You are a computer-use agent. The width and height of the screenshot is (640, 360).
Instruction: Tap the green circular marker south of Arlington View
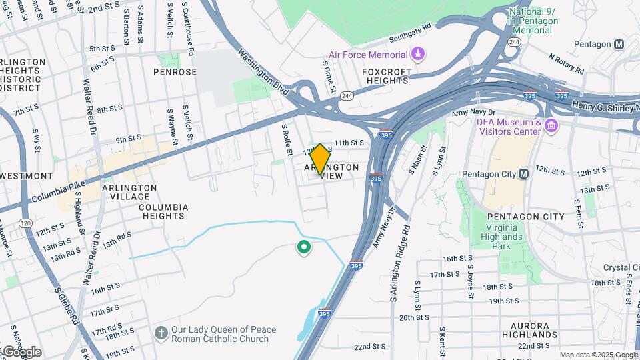point(304,248)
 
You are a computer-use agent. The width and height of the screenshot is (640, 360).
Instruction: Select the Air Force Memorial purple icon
point(417,54)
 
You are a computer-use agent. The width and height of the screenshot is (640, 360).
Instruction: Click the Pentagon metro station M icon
point(619,44)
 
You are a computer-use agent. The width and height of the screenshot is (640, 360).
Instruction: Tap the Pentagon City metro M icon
point(523,174)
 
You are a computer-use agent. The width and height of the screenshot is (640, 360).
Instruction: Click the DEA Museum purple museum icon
point(551,125)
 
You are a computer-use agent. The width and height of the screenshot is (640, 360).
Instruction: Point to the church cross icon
point(161,332)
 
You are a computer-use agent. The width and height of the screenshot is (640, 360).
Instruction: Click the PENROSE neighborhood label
point(175,72)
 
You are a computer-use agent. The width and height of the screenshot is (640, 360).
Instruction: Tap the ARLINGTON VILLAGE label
point(129,193)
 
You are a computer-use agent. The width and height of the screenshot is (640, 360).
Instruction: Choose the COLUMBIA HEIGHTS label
point(163,212)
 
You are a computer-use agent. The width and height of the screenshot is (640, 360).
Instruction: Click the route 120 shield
point(26,223)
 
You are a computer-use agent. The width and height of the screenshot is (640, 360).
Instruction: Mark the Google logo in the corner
point(22,351)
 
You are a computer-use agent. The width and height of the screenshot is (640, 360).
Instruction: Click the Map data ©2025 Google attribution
point(599,355)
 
